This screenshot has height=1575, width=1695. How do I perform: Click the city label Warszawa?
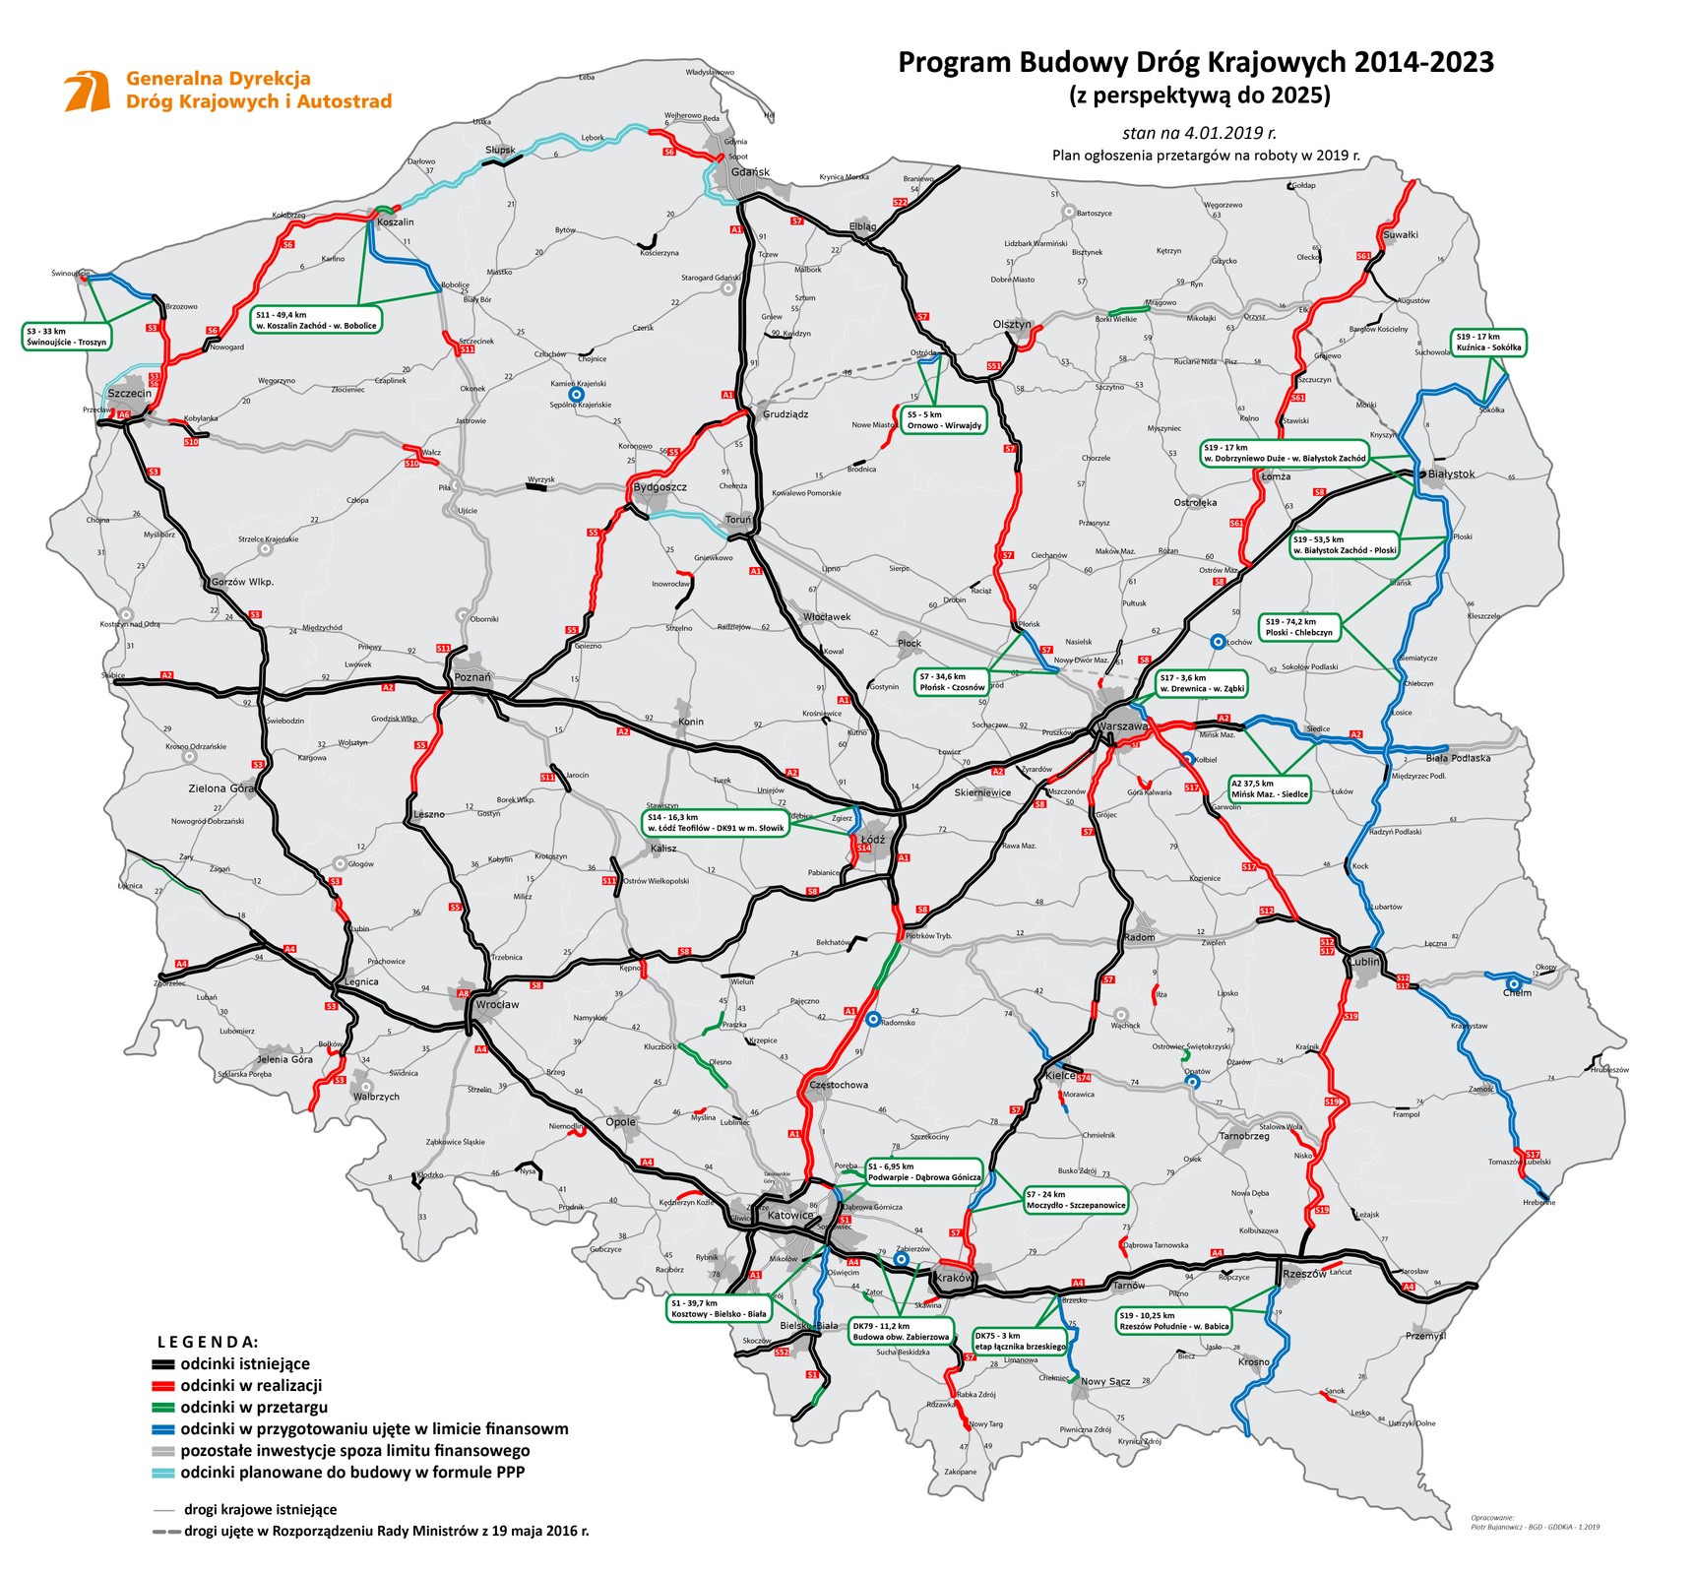(x=1122, y=725)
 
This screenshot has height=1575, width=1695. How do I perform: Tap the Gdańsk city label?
(x=750, y=172)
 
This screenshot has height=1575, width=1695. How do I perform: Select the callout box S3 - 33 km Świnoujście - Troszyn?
(x=67, y=337)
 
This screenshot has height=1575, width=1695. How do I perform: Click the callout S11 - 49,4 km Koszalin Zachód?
(x=316, y=320)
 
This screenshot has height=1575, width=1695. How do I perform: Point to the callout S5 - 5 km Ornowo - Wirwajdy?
(x=944, y=420)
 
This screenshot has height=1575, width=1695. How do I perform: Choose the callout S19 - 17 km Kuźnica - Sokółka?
(x=1488, y=342)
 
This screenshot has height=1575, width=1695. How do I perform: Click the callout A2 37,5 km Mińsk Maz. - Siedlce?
(x=1270, y=788)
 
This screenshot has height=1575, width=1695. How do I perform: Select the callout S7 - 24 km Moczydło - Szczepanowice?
(x=1075, y=1199)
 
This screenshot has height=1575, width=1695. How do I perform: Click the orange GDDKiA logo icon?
(x=87, y=90)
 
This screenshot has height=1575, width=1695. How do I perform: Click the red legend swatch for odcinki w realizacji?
(x=162, y=1385)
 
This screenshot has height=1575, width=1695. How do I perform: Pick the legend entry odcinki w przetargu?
(x=254, y=1407)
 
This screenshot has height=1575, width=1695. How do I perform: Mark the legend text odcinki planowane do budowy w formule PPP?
(x=352, y=1472)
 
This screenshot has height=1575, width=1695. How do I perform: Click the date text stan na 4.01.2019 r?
(x=1199, y=132)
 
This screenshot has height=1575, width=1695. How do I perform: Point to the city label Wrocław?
(x=497, y=1005)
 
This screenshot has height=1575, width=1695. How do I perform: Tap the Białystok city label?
(x=1451, y=473)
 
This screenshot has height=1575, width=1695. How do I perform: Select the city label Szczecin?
(x=130, y=393)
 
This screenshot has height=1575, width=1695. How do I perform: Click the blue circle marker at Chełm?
(x=1513, y=982)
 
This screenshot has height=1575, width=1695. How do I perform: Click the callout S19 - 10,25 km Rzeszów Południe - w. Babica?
(x=1174, y=1320)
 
